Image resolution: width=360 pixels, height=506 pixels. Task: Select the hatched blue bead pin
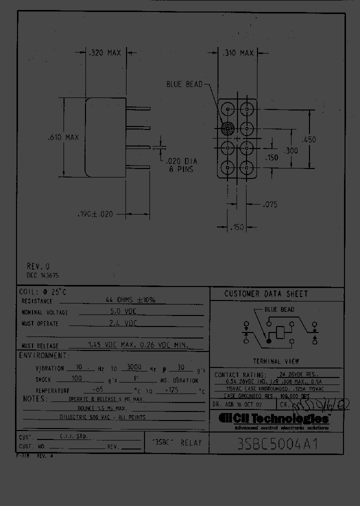[x=228, y=127]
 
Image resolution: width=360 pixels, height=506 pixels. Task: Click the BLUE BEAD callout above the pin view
[x=184, y=84]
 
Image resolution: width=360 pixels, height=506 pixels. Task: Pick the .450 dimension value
[x=309, y=140]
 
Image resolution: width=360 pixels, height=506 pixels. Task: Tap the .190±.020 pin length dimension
[x=95, y=214]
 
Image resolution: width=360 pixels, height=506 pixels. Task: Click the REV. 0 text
[x=38, y=266]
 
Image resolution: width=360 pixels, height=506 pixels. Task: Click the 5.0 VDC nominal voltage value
[x=122, y=311]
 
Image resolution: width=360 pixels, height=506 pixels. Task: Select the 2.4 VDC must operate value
[x=122, y=323]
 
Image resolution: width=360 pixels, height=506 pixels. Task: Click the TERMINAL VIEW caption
[x=276, y=361]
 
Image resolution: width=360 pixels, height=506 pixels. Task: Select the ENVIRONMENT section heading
[x=44, y=355]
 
